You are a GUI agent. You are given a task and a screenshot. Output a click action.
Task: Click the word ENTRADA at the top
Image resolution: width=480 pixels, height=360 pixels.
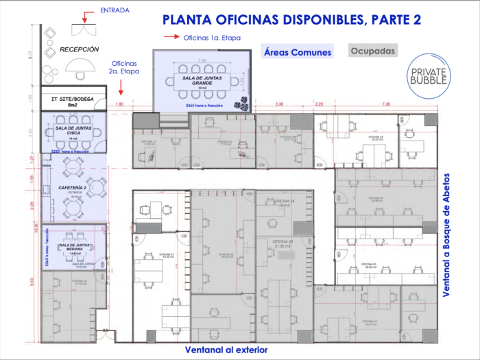[x=114, y=10]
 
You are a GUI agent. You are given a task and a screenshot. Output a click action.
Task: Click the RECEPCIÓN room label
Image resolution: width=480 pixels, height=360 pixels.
[x=79, y=49]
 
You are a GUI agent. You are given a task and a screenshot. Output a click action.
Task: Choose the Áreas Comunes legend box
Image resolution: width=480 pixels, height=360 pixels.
[x=298, y=51]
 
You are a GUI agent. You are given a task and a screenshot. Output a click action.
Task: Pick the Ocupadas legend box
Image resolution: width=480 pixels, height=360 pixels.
[x=372, y=51]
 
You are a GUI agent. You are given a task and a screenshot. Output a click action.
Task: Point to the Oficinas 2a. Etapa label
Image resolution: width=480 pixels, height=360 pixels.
[x=124, y=67]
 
